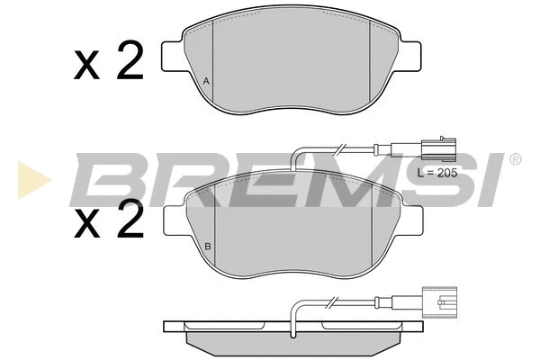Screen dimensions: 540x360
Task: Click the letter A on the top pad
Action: click(206, 81)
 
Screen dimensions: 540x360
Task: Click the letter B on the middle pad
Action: click(208, 247)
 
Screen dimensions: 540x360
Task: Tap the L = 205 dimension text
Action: click(437, 173)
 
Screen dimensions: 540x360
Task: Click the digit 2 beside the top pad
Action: click(130, 60)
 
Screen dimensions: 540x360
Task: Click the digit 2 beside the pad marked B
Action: click(130, 219)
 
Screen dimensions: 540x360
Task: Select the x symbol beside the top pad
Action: click(86, 65)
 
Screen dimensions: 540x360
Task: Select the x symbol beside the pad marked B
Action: click(87, 224)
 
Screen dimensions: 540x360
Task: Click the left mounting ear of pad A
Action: click(175, 58)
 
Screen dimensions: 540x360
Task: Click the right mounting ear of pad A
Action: click(409, 58)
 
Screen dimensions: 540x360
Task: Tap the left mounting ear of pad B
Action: click(176, 220)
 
